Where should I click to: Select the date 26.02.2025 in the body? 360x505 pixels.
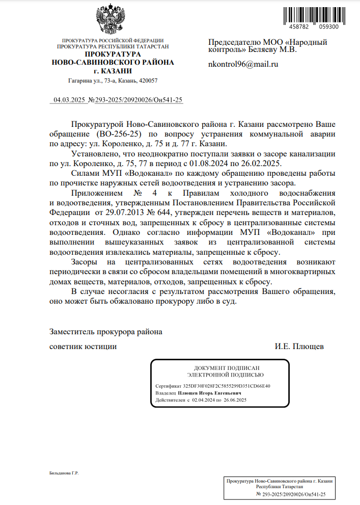[263, 164]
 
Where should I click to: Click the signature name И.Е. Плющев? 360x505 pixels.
[299, 347]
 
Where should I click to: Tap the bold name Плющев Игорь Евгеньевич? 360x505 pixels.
[209, 393]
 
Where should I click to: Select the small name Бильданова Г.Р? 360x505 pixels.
[64, 473]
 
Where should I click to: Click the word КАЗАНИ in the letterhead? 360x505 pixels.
[117, 71]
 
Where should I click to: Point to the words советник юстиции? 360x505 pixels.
[82, 347]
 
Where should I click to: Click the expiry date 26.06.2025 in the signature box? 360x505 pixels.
[234, 401]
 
